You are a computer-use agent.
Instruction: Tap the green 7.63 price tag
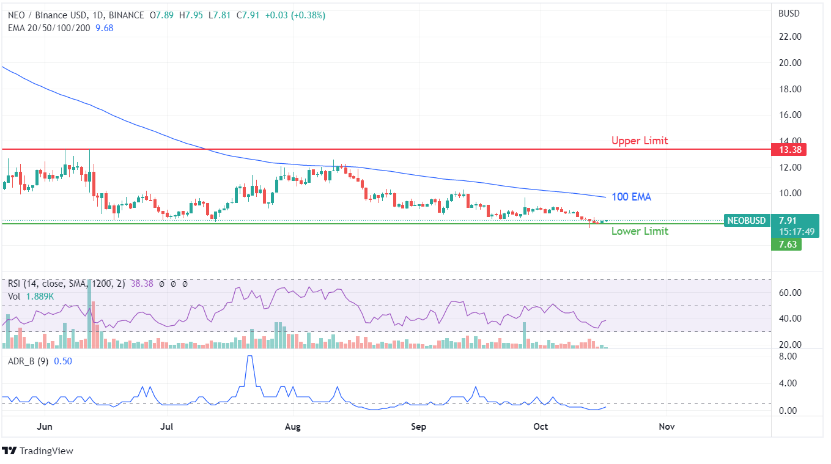(786, 245)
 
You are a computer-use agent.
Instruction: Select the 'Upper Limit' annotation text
(640, 141)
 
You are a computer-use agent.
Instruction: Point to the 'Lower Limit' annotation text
(640, 231)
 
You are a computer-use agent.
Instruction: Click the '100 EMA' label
(632, 197)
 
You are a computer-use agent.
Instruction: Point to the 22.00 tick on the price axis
(789, 37)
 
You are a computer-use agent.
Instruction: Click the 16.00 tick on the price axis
(789, 115)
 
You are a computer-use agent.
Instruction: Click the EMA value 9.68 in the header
(105, 28)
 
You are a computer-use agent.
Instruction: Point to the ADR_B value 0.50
(62, 361)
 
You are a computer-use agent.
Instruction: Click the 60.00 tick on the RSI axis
(789, 292)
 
